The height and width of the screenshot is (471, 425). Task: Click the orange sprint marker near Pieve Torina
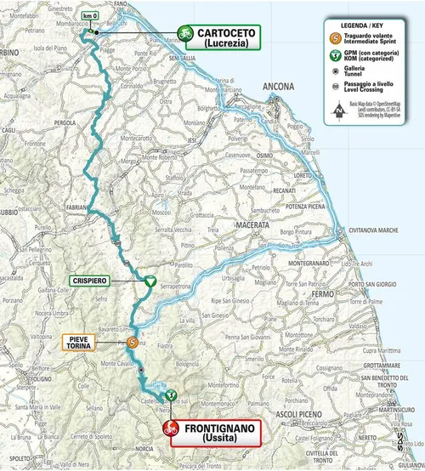[132, 342]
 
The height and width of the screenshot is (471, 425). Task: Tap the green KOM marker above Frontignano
[170, 394]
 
